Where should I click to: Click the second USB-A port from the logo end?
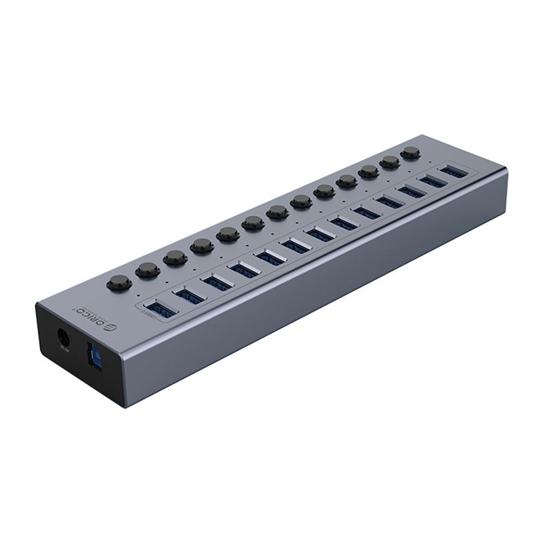[190, 295]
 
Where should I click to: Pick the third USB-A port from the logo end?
[216, 282]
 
